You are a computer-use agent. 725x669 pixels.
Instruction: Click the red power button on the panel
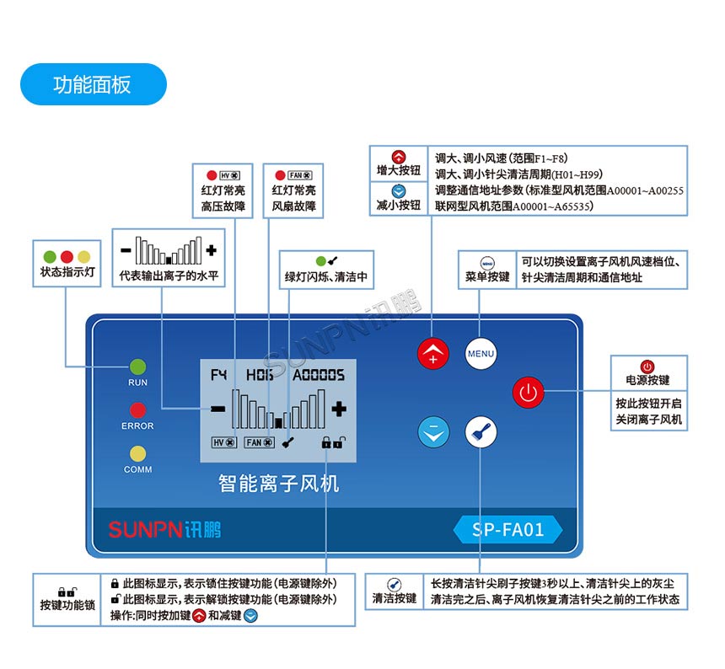(x=529, y=392)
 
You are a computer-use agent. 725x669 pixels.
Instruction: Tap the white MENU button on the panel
(x=481, y=353)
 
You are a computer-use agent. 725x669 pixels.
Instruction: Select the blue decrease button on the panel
(x=433, y=432)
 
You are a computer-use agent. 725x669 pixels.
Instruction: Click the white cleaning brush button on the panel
(x=481, y=432)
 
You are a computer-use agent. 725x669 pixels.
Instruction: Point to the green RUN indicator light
(x=137, y=367)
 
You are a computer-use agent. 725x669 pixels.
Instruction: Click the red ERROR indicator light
(x=137, y=410)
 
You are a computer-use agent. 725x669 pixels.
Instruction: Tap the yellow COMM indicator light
(x=137, y=454)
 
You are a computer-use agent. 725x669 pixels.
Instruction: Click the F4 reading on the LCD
(x=220, y=374)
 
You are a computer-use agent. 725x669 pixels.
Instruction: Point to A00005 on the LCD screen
(x=319, y=374)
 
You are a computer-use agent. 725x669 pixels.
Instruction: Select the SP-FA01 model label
(x=508, y=530)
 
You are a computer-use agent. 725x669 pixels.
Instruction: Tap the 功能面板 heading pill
(x=93, y=84)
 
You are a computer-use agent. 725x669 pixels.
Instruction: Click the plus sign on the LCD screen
(x=339, y=409)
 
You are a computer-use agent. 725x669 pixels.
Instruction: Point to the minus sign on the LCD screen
(x=218, y=409)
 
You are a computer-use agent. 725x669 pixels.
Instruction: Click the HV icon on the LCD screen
(x=224, y=442)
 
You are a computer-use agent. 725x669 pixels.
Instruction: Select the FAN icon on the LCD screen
(x=258, y=442)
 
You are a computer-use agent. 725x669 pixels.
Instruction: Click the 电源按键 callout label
(x=647, y=380)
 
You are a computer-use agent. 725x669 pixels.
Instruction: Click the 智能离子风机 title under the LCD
(x=278, y=483)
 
